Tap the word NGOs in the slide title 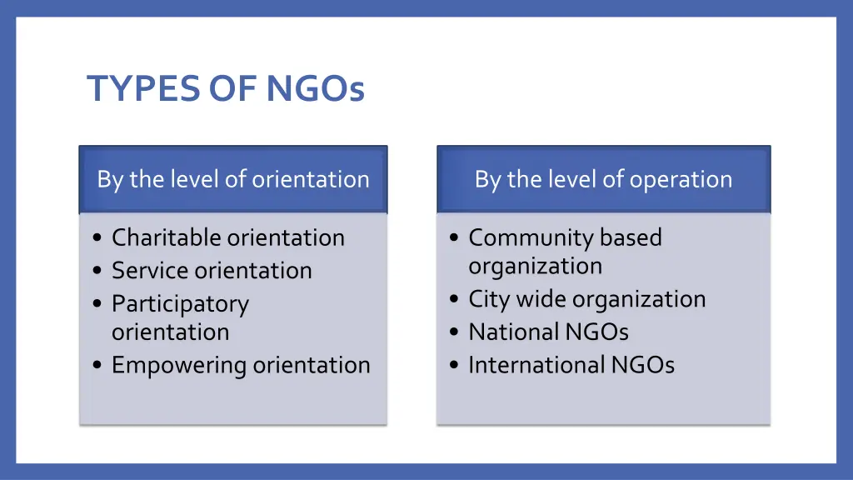tap(316, 89)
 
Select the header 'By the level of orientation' tap(233, 179)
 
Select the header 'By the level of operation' tap(603, 179)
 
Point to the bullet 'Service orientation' tap(212, 271)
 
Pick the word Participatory tap(180, 305)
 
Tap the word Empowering tap(180, 365)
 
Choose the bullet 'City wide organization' tap(586, 299)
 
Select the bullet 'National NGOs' tap(548, 332)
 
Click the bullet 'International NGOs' tap(571, 365)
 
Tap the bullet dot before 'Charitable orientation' tap(98, 239)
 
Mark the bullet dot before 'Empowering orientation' tap(98, 366)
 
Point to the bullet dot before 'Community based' tap(454, 239)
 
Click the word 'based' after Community tap(631, 237)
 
